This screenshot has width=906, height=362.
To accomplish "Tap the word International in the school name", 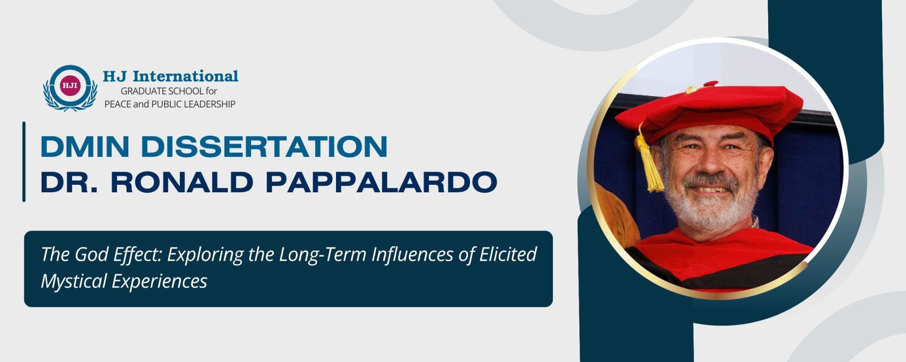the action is tap(185, 76).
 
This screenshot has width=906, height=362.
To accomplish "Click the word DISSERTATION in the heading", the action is tap(264, 147).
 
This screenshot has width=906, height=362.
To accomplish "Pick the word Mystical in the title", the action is tap(74, 281).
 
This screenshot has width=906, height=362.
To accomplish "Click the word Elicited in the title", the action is tap(508, 255).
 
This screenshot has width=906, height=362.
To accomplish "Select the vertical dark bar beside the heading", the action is tap(24, 162).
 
